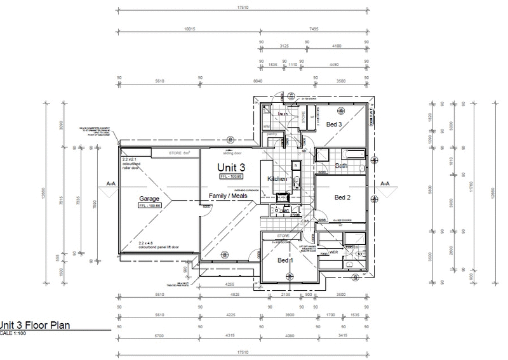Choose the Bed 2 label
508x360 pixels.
[343, 197]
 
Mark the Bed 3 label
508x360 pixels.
[334, 125]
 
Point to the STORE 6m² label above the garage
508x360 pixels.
[180, 153]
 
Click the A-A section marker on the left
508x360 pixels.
[110, 183]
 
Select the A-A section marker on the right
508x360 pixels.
[385, 183]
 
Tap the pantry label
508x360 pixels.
[270, 135]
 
